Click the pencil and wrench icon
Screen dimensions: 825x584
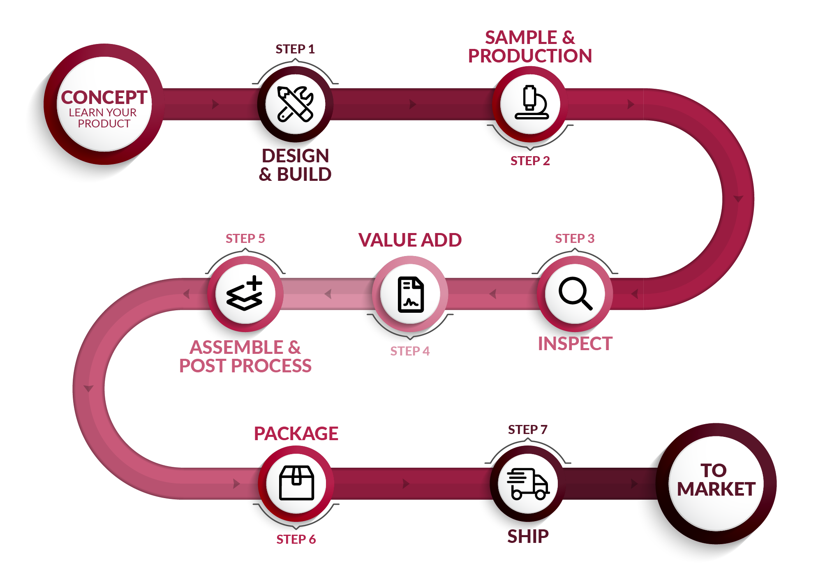tap(295, 104)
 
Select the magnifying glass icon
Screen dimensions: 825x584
tap(575, 293)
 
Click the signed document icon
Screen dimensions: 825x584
tap(411, 295)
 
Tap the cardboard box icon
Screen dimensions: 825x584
tap(296, 483)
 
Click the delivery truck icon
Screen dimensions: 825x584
tap(528, 484)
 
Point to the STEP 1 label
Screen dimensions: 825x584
tap(295, 49)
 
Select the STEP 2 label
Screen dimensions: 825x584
tap(530, 161)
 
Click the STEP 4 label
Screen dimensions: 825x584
tap(410, 351)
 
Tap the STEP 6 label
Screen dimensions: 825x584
tap(296, 539)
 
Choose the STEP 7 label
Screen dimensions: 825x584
tap(528, 429)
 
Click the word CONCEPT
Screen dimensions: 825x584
tap(104, 97)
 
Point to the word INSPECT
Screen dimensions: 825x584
tap(575, 344)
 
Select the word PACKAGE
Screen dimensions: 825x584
tap(296, 434)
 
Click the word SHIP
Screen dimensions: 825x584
tap(528, 536)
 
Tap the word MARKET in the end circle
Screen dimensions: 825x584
tap(716, 489)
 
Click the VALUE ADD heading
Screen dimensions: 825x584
tap(410, 240)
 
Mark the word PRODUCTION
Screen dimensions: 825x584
tap(530, 56)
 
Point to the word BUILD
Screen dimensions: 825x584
tap(304, 174)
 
